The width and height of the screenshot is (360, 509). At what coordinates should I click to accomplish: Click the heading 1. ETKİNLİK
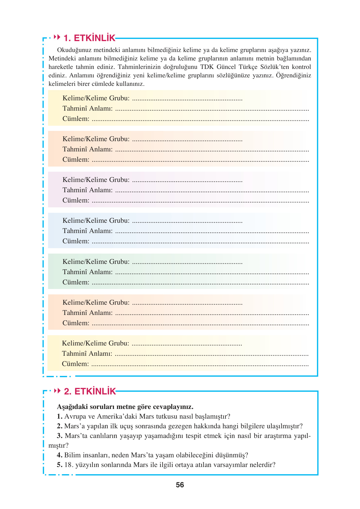click(89, 38)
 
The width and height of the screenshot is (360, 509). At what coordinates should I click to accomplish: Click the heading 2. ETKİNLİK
click(90, 391)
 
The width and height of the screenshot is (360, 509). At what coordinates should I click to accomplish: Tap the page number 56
click(180, 485)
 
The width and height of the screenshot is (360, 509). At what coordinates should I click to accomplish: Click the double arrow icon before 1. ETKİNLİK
click(57, 37)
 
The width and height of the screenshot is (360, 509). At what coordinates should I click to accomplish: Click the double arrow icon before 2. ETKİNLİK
click(57, 391)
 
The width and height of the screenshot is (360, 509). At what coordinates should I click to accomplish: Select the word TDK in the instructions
click(207, 67)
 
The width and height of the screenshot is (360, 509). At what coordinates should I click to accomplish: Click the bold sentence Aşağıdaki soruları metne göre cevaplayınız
click(125, 407)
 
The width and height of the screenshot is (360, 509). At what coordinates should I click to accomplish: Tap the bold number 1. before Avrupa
click(60, 417)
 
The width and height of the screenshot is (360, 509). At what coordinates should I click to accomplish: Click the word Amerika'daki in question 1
click(117, 417)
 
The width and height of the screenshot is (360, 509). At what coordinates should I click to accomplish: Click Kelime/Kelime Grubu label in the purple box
click(96, 180)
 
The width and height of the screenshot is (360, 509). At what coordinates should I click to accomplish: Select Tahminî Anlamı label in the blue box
click(87, 231)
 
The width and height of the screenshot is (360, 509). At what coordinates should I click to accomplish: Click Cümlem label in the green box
click(76, 282)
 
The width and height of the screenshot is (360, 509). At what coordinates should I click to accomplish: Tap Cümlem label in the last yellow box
click(75, 364)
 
